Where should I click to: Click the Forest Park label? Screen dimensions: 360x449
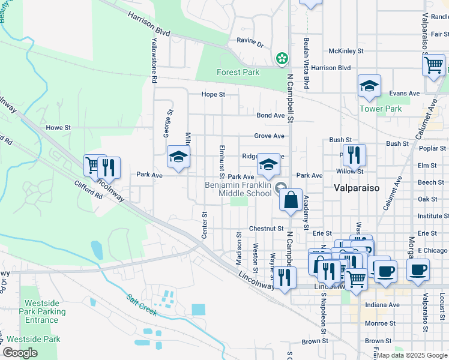[238, 73]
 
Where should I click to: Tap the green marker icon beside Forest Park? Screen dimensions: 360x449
[280, 58]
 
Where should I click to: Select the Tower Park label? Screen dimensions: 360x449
[380, 109]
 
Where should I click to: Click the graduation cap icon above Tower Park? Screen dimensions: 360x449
[369, 86]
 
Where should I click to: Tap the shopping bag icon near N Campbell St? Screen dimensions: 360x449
[291, 200]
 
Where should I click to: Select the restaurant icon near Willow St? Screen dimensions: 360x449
[354, 155]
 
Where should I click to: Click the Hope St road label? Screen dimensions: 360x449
[213, 95]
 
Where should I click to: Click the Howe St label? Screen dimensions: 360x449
[58, 128]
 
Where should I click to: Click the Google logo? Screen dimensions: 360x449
[20, 352]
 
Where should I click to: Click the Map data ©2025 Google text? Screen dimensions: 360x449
[412, 355]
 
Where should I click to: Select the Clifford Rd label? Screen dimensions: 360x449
[89, 190]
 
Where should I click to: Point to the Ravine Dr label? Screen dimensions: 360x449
[250, 44]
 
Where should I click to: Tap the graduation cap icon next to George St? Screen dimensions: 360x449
[178, 157]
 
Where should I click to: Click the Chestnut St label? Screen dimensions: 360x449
[265, 229]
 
